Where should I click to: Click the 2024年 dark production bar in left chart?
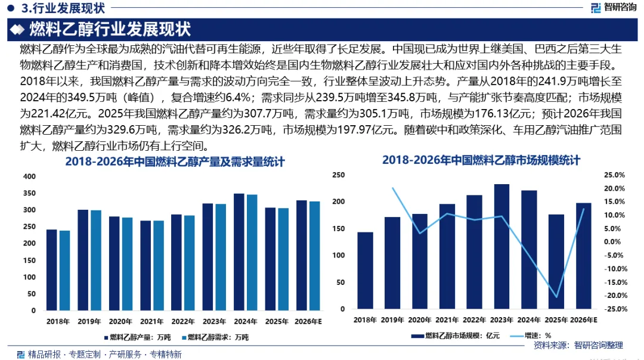(239, 252)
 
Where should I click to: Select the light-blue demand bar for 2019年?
(95, 260)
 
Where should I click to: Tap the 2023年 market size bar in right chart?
(501, 246)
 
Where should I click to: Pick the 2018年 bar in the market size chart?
(365, 271)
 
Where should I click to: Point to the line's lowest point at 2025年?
(556, 297)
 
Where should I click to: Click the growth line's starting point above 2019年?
(392, 188)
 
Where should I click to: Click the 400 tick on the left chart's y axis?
(30, 176)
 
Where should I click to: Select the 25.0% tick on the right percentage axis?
(614, 175)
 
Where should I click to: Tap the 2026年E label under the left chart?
(308, 321)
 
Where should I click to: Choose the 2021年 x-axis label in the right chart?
(447, 320)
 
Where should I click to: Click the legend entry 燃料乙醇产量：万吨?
(137, 337)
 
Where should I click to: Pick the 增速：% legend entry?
(531, 336)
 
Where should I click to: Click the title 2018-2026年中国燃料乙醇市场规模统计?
(481, 160)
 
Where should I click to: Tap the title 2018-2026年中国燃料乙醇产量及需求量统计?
(175, 162)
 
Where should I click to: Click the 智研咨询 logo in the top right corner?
(614, 7)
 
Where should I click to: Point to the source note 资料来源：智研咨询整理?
(578, 345)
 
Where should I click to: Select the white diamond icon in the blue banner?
(17, 29)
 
